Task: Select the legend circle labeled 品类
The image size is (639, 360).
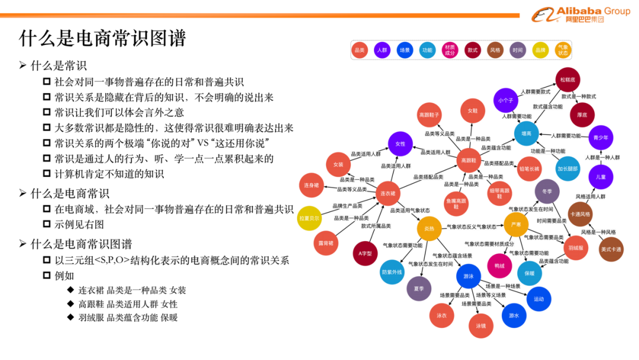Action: click(360, 51)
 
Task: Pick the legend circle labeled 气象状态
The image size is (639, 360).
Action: click(563, 51)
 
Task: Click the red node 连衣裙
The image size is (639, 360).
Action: click(388, 194)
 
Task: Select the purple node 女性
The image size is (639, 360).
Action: click(400, 144)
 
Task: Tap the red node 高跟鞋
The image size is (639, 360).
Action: click(469, 160)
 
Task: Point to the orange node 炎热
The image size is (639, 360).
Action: click(430, 229)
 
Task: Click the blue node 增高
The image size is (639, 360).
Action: click(526, 134)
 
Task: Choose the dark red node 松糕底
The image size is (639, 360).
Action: click(568, 79)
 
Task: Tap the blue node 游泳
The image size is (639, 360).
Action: click(469, 277)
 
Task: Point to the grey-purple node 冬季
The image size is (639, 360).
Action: click(547, 191)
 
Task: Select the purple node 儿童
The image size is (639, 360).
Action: click(601, 176)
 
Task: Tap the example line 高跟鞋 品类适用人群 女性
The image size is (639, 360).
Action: click(128, 304)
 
